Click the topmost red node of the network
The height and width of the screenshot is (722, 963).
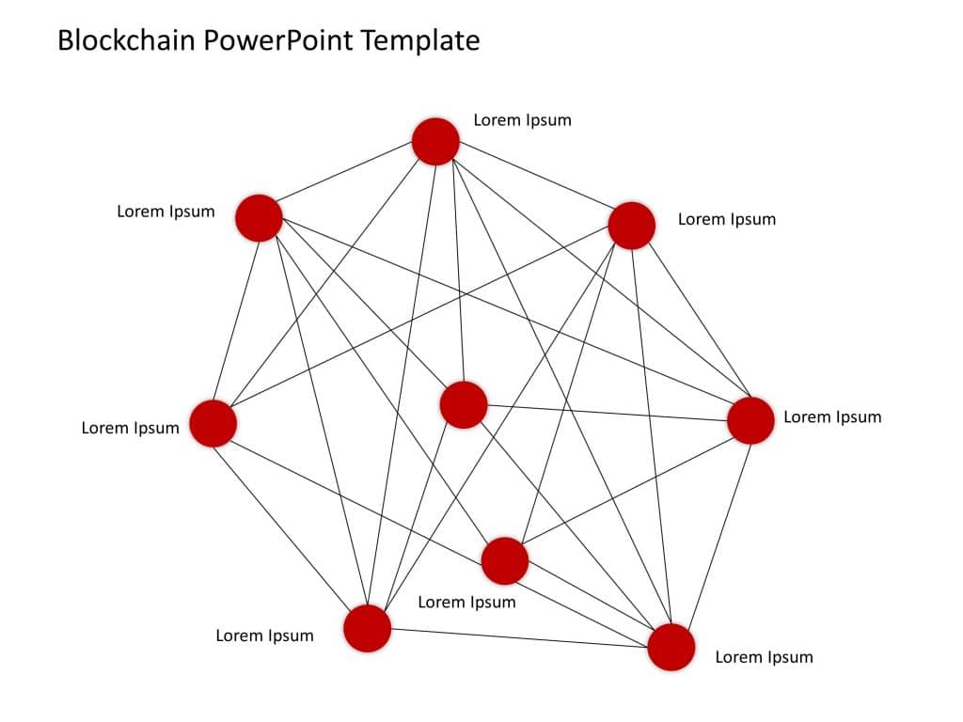point(435,142)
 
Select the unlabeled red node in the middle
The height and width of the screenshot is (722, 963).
point(464,405)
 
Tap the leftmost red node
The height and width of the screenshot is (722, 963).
point(213,423)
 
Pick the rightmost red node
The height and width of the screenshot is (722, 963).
point(750,420)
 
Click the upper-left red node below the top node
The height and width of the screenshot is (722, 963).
point(259,218)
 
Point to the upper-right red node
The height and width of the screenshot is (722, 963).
point(631,226)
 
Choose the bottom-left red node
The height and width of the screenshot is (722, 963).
point(367,628)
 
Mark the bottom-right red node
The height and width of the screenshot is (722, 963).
point(671,647)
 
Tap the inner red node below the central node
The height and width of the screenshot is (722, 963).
point(505,561)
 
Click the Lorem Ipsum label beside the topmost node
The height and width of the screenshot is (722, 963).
point(522,120)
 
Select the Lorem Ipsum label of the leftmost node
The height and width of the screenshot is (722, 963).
point(130,429)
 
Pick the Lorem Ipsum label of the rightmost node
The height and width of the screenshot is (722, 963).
point(832,416)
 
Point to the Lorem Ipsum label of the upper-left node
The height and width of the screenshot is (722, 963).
point(166,212)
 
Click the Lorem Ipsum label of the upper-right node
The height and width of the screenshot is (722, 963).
point(727,219)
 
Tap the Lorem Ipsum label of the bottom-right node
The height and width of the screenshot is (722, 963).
point(764,657)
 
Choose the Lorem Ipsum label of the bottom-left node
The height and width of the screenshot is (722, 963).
point(264,636)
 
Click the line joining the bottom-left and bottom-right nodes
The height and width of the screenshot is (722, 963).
point(517,637)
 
